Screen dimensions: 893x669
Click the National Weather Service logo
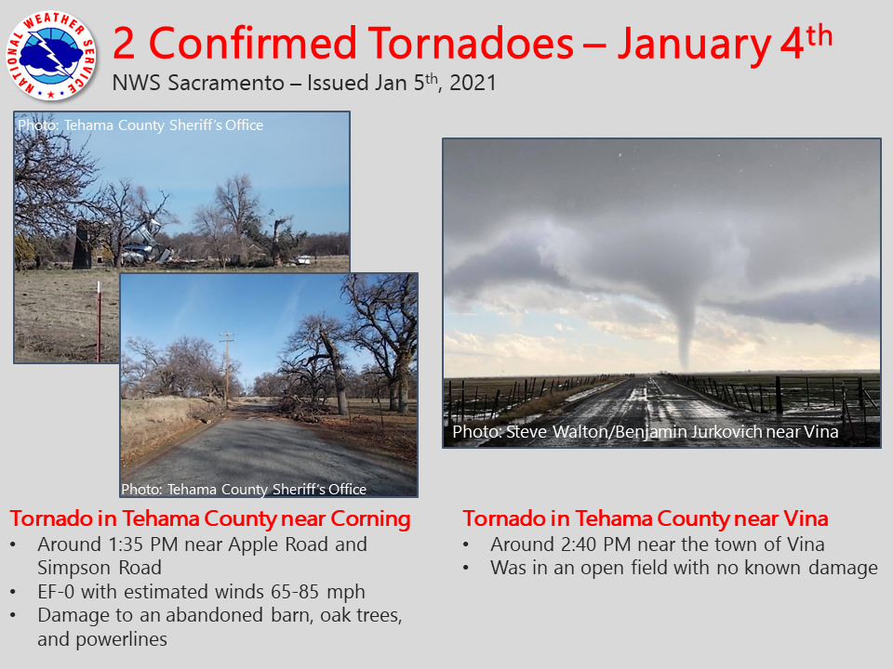pyautogui.click(x=51, y=56)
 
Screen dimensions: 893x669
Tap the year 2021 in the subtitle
pyautogui.click(x=473, y=83)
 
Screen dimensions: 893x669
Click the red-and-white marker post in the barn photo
pyautogui.click(x=99, y=321)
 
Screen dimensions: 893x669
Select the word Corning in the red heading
pyautogui.click(x=370, y=519)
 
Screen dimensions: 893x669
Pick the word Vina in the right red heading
pyautogui.click(x=806, y=518)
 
